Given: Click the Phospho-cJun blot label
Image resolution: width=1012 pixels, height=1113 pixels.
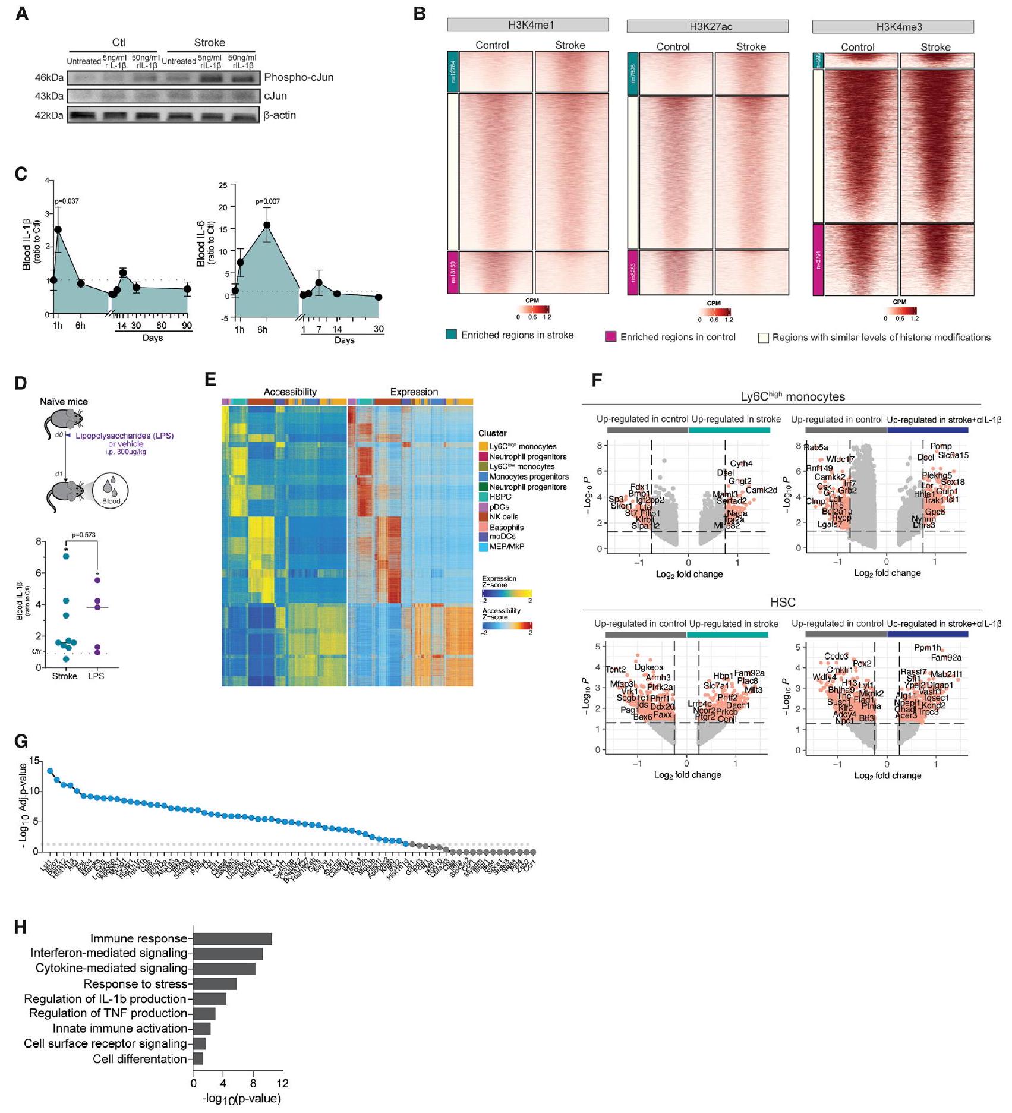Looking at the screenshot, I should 298,77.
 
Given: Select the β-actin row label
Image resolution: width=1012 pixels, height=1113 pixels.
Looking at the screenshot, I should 279,115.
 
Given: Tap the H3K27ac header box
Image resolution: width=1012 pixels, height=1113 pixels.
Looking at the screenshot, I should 707,26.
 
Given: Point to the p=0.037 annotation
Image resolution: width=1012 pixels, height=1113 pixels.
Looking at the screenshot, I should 67,201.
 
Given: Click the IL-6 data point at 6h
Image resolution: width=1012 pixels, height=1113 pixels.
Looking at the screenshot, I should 267,225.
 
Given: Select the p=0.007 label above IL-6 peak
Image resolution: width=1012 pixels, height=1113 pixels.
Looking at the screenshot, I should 267,201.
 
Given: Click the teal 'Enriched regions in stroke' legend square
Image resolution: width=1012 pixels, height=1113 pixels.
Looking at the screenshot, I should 451,335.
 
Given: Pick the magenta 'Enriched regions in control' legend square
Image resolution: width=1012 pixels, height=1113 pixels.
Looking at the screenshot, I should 610,338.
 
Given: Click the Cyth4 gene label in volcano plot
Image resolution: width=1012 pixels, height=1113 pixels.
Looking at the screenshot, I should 741,464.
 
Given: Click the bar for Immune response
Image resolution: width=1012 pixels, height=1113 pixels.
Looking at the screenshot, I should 232,939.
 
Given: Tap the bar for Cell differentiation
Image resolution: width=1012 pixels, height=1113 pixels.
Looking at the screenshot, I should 198,1059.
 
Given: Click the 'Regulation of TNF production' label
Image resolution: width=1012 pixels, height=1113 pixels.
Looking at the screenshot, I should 108,1013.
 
